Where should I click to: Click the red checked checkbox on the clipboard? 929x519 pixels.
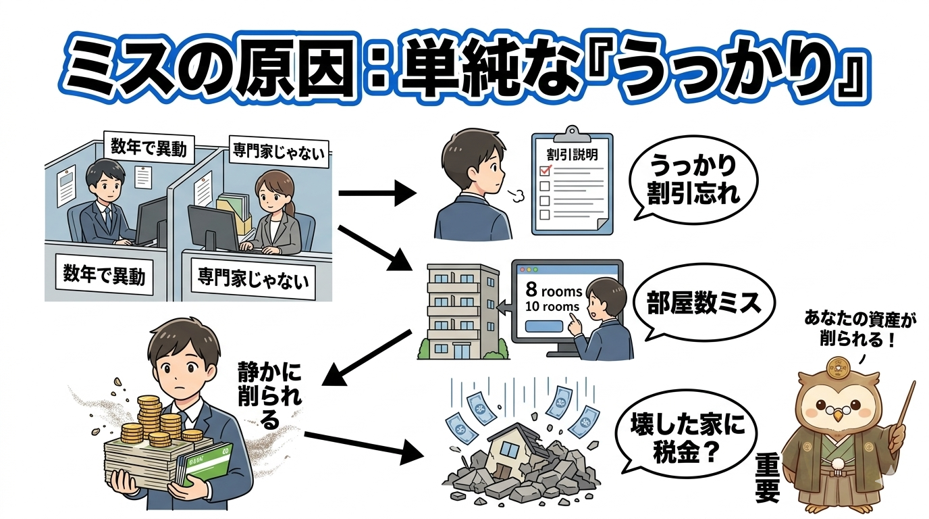click(x=547, y=171)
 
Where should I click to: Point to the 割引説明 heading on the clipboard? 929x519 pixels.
click(x=571, y=154)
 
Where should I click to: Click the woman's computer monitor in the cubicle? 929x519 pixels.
click(x=213, y=226)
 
